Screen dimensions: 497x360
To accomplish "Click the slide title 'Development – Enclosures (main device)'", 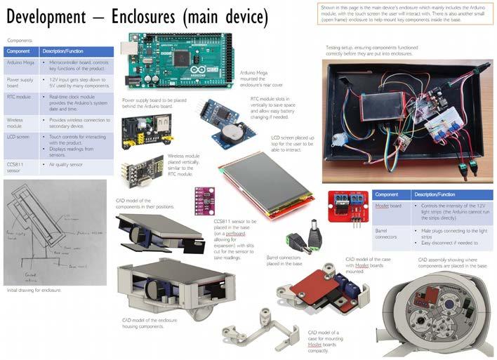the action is point(138,16).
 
